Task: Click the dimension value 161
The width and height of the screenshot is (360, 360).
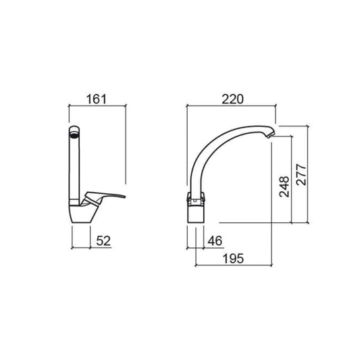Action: (98, 99)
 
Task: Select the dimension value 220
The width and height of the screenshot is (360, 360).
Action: (232, 99)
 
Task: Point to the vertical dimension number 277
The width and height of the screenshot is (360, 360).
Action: (301, 177)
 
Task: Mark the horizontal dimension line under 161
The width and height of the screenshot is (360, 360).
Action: (98, 107)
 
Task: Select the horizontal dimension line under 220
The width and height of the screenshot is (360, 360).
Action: (232, 107)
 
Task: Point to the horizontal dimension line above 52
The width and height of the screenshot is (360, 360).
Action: (82, 249)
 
